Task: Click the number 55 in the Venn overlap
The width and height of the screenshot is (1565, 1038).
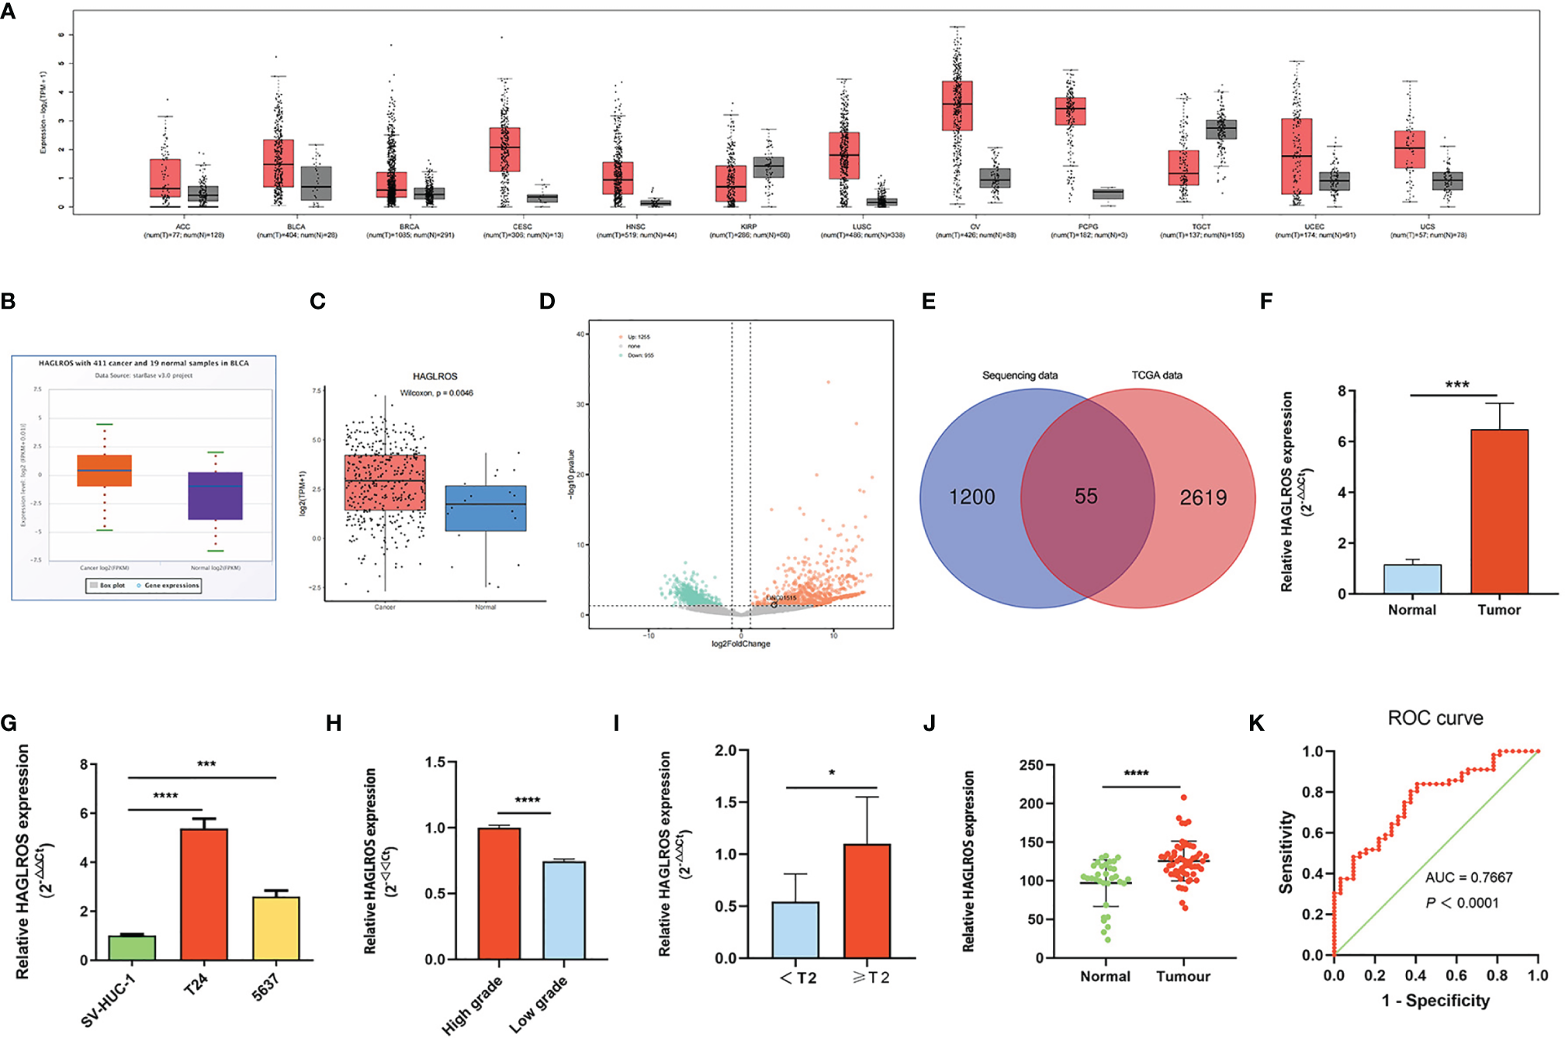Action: tap(1085, 497)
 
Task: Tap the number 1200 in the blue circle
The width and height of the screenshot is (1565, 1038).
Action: tap(971, 497)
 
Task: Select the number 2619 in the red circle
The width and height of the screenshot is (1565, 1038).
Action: tap(1203, 497)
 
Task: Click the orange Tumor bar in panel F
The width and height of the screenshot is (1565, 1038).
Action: tap(1499, 512)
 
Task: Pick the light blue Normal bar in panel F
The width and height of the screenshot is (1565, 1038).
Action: tap(1412, 579)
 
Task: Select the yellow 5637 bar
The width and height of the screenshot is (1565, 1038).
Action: tap(276, 929)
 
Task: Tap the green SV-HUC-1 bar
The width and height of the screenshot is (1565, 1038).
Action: tap(132, 948)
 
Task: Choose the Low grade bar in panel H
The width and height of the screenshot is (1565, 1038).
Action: tap(564, 910)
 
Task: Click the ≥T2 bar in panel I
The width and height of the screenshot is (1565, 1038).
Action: tap(867, 901)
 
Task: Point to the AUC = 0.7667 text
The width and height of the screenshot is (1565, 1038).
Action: tap(1469, 877)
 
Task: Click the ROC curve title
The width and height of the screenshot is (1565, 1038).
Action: tap(1435, 718)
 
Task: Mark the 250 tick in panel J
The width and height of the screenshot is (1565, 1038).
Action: tap(1031, 766)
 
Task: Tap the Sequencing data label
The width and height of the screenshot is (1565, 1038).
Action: tap(1020, 375)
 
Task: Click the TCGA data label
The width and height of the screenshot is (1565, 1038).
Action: tap(1156, 375)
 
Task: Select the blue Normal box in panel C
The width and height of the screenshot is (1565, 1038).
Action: tap(486, 508)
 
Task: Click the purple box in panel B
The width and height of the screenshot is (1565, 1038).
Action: tap(216, 496)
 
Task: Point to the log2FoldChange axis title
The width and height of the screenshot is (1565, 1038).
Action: tap(741, 644)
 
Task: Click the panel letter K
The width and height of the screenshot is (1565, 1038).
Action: tap(1256, 724)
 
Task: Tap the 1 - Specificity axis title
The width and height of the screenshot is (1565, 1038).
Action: tap(1435, 1001)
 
